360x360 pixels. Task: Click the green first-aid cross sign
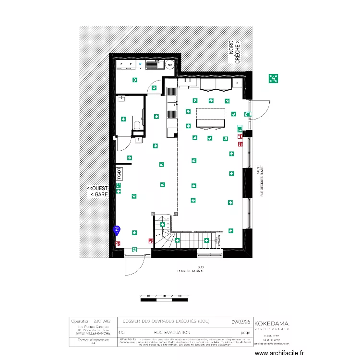click(119, 192)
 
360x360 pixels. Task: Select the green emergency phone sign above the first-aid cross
click(119, 185)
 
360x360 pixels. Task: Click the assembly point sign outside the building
click(274, 78)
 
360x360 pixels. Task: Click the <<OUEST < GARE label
click(97, 192)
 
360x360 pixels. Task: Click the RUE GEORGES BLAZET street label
click(260, 180)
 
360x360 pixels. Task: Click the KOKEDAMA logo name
click(271, 324)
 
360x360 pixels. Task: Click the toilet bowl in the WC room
click(137, 126)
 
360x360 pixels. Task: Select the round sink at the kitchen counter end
click(169, 64)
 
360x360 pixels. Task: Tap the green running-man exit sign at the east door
click(246, 114)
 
